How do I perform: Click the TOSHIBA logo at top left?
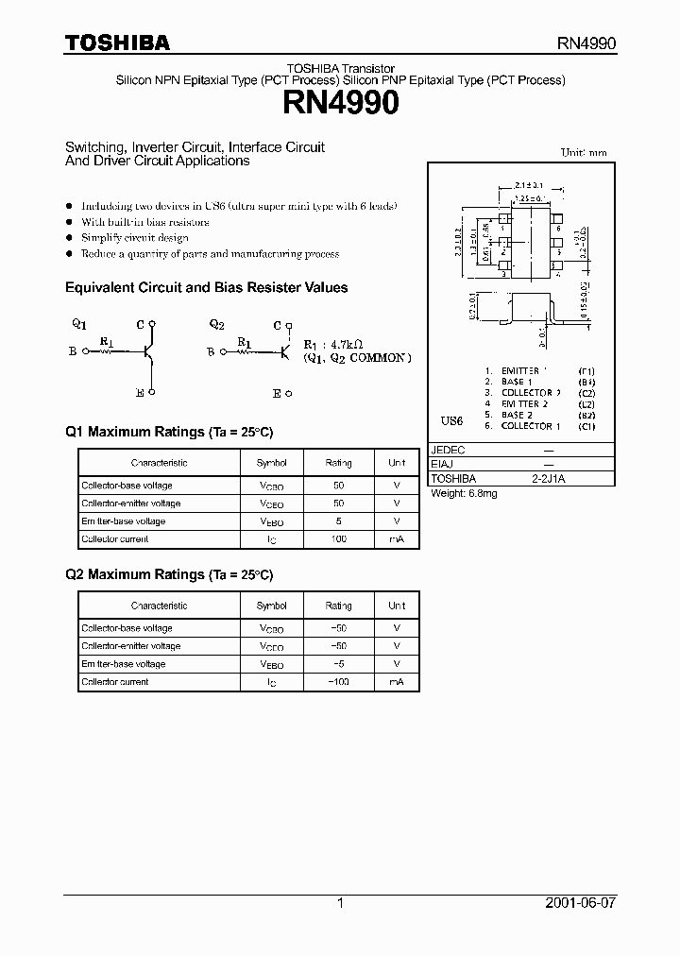click(x=117, y=43)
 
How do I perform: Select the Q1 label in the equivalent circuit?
click(x=79, y=323)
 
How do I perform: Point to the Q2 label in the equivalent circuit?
click(x=217, y=324)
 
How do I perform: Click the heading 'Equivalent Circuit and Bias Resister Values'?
click(x=206, y=287)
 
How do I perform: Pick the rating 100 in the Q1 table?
click(x=338, y=539)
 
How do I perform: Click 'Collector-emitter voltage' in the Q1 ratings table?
click(x=131, y=504)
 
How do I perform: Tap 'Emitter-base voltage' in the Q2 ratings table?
click(x=124, y=664)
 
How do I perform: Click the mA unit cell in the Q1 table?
click(x=397, y=539)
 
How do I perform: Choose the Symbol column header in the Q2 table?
click(x=272, y=606)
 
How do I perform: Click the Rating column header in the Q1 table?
click(x=338, y=463)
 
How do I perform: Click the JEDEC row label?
click(x=448, y=451)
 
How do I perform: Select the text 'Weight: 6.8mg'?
click(x=464, y=494)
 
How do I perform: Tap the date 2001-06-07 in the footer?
click(x=581, y=903)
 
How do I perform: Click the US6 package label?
click(x=452, y=418)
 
